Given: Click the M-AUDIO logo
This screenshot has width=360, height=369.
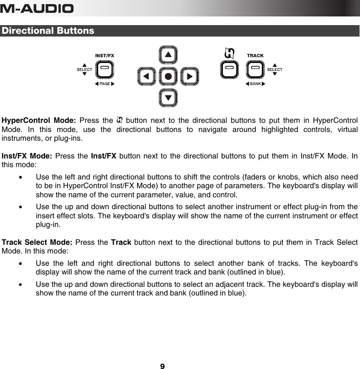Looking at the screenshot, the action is point(37,8).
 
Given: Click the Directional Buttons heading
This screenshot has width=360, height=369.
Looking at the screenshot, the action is point(48,31).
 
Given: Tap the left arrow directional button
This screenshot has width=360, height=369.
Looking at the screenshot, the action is point(146,76).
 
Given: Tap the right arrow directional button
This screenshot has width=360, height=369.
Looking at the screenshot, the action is point(190,76).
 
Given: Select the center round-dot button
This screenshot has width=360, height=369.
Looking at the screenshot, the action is point(168,76).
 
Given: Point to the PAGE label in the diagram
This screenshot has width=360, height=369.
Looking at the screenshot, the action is point(105,84).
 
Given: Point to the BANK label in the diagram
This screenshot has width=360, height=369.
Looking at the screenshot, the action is point(255,84).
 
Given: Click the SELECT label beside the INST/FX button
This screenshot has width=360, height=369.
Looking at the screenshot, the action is point(84,69).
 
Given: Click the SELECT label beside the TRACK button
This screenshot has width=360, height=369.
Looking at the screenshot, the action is point(275,69).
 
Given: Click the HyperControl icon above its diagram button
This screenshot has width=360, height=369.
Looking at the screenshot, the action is point(229,53).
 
